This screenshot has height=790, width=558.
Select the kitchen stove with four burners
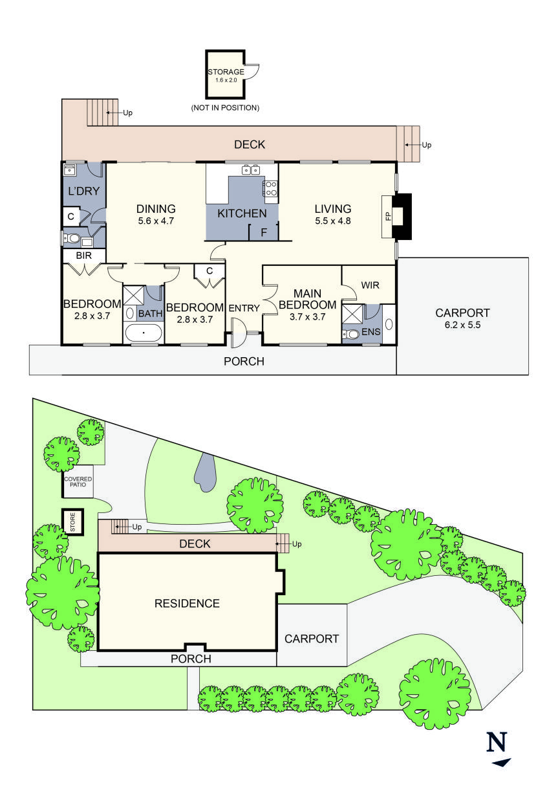270,188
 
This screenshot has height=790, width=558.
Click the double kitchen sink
250,171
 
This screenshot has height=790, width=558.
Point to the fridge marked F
263,232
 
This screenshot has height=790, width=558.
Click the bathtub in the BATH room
143,334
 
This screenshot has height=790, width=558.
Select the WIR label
370,285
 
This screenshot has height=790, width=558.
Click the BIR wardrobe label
83,256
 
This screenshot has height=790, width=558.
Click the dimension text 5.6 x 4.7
156,221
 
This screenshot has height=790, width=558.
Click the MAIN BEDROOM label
307,299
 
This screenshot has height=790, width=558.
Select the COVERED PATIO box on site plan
78,481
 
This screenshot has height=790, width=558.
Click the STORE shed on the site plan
72,522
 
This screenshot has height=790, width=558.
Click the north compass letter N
497,741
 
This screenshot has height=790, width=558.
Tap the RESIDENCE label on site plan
187,604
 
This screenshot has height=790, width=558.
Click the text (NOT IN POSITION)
225,107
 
